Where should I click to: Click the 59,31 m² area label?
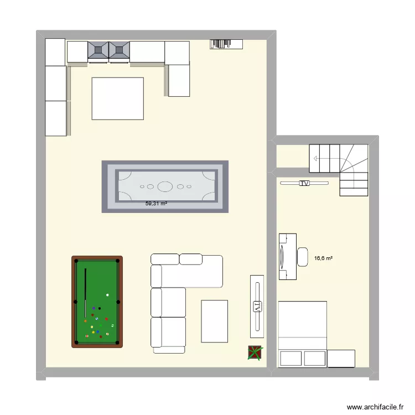tap(156, 204)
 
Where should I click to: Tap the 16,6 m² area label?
tap(323, 258)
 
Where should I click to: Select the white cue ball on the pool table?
tap(107, 295)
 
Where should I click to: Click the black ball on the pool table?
tap(99, 308)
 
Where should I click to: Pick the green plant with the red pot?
tap(255, 353)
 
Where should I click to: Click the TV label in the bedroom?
tap(304, 183)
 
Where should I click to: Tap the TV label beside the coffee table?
tap(257, 307)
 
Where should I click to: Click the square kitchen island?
tap(118, 98)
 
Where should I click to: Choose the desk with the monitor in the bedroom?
tap(287, 257)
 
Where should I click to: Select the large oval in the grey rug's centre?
tap(165, 186)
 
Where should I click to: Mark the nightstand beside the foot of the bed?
tap(341, 358)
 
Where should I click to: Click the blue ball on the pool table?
tap(98, 331)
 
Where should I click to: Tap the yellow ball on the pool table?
tap(93, 333)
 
